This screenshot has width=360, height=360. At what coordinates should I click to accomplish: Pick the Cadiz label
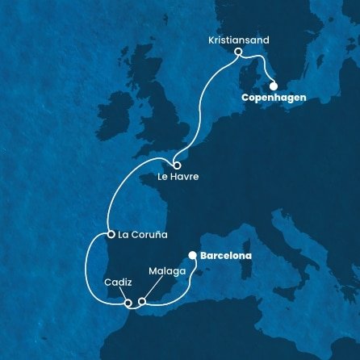coord(118,283)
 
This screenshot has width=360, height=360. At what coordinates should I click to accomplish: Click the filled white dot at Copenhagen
coord(273,86)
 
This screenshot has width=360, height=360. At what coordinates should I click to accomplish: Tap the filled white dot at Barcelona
coord(192,256)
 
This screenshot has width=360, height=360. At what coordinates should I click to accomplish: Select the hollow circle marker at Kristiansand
coord(238,52)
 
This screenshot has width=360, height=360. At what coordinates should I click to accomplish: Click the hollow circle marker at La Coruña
coord(110,235)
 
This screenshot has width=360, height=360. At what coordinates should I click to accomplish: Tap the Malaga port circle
coord(141,303)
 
